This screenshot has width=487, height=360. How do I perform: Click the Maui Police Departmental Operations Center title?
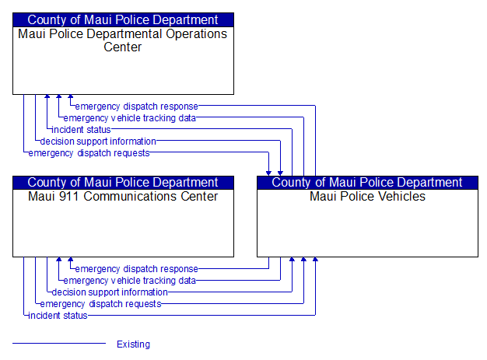123,40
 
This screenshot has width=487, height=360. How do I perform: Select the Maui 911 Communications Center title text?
123,197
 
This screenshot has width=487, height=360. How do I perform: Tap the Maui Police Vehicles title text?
367,197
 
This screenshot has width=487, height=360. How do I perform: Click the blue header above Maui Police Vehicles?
367,183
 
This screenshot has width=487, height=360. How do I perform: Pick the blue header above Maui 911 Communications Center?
123,183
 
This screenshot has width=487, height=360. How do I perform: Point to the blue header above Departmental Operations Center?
123,20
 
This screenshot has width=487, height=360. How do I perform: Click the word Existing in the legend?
133,344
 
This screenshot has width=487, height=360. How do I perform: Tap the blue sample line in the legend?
59,343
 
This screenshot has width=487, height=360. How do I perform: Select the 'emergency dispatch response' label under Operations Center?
136,107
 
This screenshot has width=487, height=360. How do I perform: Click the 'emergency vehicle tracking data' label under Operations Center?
129,118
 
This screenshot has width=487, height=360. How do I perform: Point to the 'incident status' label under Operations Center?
81,130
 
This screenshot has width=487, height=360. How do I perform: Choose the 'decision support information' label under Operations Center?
98,142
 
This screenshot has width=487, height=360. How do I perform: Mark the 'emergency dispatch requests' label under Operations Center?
89,153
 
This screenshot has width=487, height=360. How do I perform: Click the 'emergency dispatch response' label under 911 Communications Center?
136,269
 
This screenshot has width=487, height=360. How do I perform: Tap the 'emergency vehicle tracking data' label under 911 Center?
129,281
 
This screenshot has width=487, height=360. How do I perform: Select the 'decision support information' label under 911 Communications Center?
110,292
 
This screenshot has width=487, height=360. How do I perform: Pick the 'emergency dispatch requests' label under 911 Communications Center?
100,304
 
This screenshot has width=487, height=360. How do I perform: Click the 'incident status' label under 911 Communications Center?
58,316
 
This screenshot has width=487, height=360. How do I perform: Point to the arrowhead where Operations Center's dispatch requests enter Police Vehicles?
268,173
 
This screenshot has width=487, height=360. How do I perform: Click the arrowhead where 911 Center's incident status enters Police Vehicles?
315,260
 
